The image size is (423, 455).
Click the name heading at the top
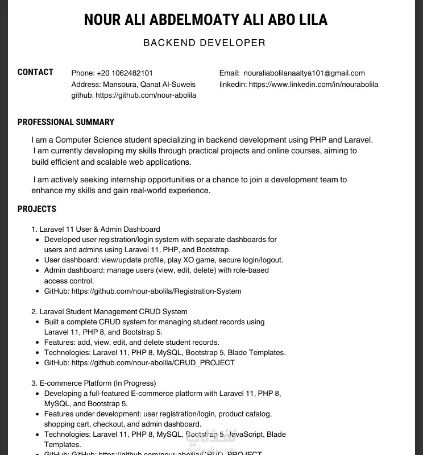(x=205, y=20)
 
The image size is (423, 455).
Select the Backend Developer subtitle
(x=204, y=43)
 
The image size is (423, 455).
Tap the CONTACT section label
(x=35, y=72)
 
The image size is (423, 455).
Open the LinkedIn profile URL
(x=313, y=85)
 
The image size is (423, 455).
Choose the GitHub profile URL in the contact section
(x=146, y=95)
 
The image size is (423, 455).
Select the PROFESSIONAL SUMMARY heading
(x=66, y=122)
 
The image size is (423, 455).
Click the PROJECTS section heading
(x=37, y=209)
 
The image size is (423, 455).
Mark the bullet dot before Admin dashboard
(x=38, y=271)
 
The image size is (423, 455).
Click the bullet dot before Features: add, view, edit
(x=38, y=343)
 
